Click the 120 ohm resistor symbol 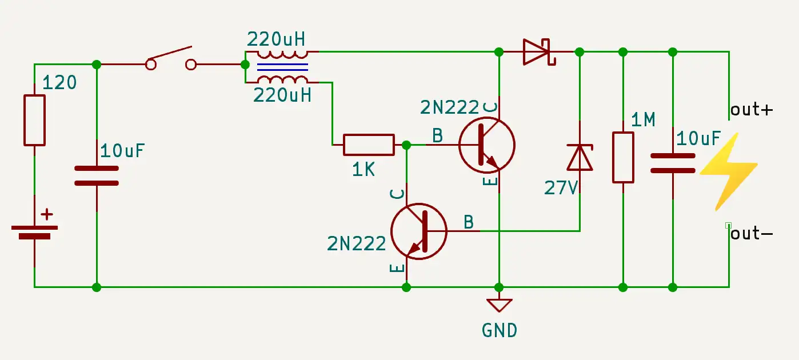34,120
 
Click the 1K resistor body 369,145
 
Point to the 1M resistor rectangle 623,158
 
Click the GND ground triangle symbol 500,305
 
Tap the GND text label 500,330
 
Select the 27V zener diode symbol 580,158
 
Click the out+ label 752,110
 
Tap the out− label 752,233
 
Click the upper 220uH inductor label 276,39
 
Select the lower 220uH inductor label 282,95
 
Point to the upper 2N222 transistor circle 487,145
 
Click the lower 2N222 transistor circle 418,231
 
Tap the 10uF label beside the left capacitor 123,151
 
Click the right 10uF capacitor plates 673,162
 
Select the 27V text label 561,187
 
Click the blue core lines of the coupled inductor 282,67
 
